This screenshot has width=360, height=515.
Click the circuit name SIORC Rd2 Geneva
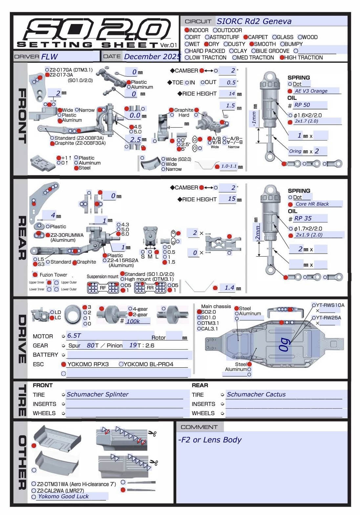[x=254, y=21]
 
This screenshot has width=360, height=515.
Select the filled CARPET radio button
[x=245, y=37]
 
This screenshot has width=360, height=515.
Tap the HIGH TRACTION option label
[x=303, y=57]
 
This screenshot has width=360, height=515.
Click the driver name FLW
[x=50, y=56]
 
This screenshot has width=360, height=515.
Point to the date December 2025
[x=152, y=56]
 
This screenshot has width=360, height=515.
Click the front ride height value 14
[x=232, y=94]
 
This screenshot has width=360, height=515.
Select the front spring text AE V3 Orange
[x=311, y=91]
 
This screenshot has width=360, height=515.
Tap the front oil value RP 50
[x=302, y=105]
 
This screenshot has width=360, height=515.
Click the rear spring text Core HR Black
[x=312, y=204]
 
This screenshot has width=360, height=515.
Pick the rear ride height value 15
[x=232, y=199]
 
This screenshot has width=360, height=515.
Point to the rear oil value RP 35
[x=303, y=218]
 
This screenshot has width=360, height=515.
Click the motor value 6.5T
[x=74, y=336]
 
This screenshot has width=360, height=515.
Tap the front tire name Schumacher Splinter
[x=97, y=394]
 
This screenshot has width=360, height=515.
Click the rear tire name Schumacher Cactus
[x=256, y=394]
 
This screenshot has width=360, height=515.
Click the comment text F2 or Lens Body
[x=210, y=440]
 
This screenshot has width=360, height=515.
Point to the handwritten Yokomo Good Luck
[x=63, y=497]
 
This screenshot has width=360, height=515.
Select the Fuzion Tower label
[x=53, y=275]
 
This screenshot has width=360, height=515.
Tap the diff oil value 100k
[x=133, y=321]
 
